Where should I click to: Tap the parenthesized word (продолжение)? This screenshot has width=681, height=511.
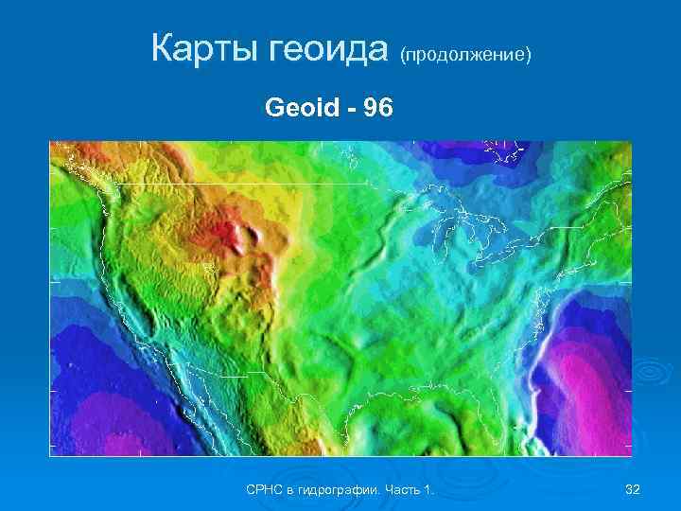tap(466, 56)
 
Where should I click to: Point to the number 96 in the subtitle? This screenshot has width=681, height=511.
tap(375, 109)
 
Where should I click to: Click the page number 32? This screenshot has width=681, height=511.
tap(633, 489)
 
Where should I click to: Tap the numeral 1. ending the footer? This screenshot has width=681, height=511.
tap(428, 489)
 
